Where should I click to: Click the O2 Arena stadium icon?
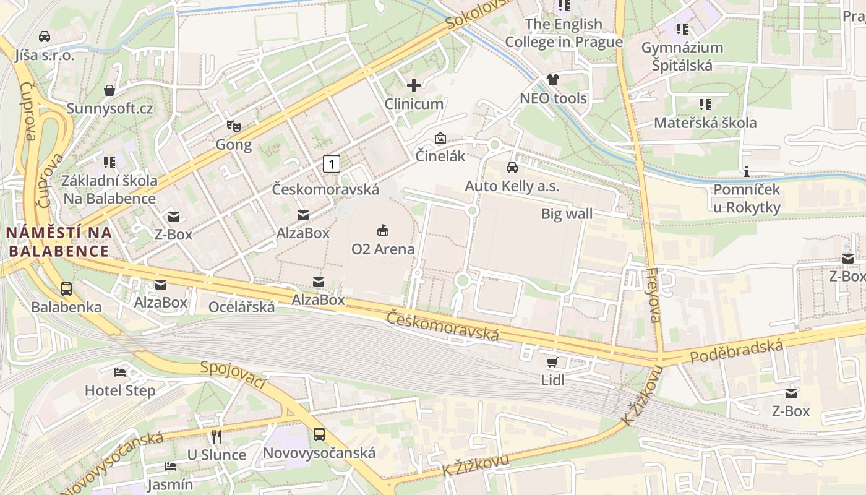tap(383, 231)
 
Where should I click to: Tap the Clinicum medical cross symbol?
tap(414, 85)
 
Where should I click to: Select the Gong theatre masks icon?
tap(234, 126)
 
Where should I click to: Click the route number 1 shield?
tap(332, 164)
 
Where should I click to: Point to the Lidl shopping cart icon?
tap(552, 362)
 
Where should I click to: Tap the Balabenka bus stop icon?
tap(66, 288)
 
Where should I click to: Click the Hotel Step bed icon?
tap(120, 372)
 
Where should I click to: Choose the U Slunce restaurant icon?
tap(216, 437)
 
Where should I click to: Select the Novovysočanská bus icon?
tap(319, 434)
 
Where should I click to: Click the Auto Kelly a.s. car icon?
tap(512, 167)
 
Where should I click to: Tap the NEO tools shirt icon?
tap(552, 80)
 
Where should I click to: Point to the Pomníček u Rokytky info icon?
tap(747, 171)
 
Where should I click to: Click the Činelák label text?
tap(440, 156)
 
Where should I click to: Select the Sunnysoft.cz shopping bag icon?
tap(109, 90)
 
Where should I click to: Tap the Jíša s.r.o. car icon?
tap(45, 37)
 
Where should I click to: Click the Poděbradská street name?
tap(736, 351)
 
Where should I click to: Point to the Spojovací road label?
tap(233, 374)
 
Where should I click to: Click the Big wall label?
tap(567, 214)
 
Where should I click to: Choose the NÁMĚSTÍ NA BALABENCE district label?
tap(59, 242)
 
